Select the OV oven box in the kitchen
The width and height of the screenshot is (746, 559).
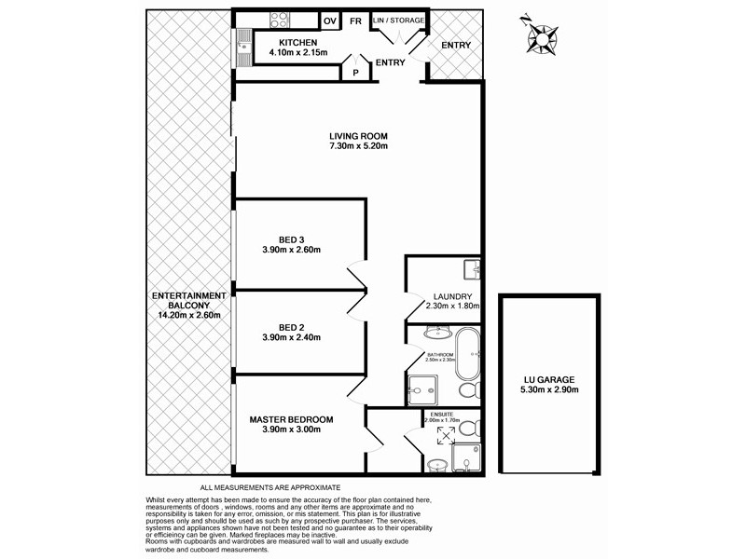[x=329, y=20]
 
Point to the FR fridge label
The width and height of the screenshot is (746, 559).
[x=355, y=20]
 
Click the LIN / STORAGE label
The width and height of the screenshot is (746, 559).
[x=397, y=20]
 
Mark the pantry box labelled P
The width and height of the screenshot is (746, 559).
[x=354, y=70]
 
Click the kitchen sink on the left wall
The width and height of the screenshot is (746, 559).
[x=243, y=42]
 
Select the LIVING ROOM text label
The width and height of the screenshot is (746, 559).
[x=358, y=134]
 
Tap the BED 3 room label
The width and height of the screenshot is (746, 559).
[x=292, y=238]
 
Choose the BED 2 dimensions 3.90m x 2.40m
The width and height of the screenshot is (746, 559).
[x=292, y=339]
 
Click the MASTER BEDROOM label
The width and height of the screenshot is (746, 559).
[x=291, y=419]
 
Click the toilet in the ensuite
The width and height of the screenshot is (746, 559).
[x=473, y=428]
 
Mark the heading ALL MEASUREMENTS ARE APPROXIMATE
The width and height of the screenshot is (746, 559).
[x=270, y=487]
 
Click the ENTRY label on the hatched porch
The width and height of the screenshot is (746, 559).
[x=456, y=46]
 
